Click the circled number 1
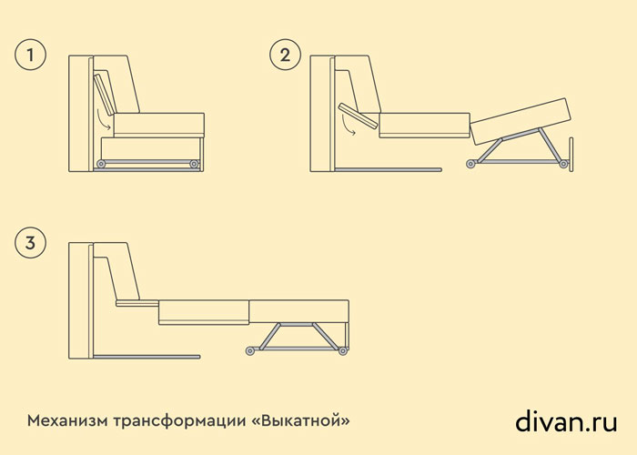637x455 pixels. coord(30,55)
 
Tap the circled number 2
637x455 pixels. coord(285,55)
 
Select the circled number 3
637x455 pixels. coord(30,243)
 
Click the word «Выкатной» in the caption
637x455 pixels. coord(301,420)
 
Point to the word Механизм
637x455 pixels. coord(67,420)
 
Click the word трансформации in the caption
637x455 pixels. coord(179,421)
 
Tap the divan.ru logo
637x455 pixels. coord(566,420)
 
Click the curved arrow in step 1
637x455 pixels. coord(102,120)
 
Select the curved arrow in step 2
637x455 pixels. coord(346,126)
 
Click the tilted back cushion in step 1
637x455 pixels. coord(105,95)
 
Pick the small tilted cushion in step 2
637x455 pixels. coord(359,116)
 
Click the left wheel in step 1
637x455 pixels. coord(101,164)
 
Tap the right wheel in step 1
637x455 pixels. coord(194,164)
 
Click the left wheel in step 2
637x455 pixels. coord(471,164)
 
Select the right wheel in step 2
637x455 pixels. coord(563,164)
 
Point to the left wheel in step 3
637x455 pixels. coord(250,350)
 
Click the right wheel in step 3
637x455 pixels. coord(343,350)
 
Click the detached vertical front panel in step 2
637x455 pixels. coord(571,155)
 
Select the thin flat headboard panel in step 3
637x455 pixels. coord(137,303)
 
